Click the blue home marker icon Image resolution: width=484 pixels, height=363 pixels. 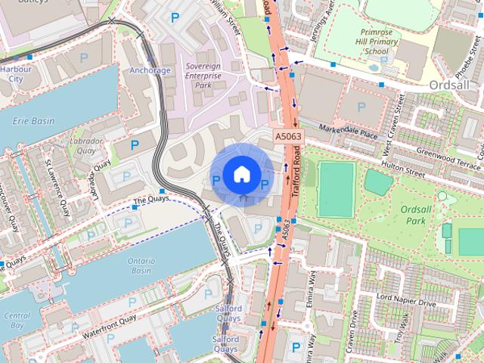(240, 174)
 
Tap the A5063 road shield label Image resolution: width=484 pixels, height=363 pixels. (287, 136)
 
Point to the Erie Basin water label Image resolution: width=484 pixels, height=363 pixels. (33, 121)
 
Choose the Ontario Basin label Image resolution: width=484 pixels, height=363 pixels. (141, 265)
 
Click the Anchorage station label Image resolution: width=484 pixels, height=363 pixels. (150, 70)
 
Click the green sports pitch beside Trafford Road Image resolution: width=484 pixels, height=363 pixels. (336, 189)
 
